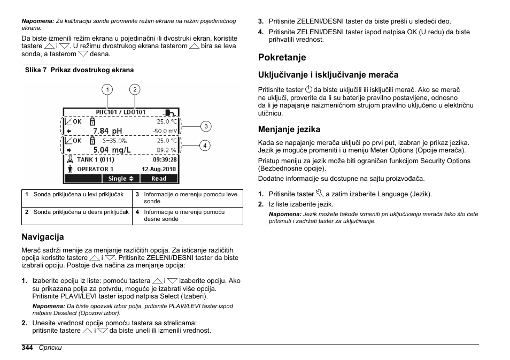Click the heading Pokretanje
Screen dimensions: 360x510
coord(282,57)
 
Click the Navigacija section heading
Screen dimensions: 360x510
coord(42,236)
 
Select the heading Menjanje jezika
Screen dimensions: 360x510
coord(289,129)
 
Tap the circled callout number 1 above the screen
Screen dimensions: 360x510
coord(107,89)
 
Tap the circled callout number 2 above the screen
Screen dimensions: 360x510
coord(135,89)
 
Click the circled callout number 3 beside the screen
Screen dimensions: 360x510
coord(205,126)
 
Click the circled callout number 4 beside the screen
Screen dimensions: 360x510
coord(205,145)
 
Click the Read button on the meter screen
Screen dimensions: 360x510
coord(159,179)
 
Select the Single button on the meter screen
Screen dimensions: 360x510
coord(121,179)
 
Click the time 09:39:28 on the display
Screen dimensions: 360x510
coord(164,159)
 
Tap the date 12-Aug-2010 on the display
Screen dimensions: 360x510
coord(159,169)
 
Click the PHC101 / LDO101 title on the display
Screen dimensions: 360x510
coord(120,112)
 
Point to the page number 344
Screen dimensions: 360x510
coord(27,348)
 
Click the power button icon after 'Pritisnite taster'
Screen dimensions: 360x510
coord(308,89)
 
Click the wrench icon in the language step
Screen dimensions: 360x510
coord(320,194)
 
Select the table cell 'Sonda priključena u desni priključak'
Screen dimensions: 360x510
coord(81,212)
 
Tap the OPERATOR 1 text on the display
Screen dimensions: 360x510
coord(95,169)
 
